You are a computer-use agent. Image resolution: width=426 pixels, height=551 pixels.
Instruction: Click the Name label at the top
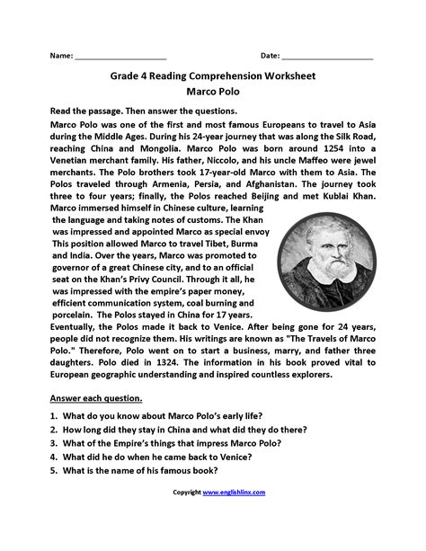point(60,56)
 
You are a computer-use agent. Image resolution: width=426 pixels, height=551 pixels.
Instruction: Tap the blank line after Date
point(332,58)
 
